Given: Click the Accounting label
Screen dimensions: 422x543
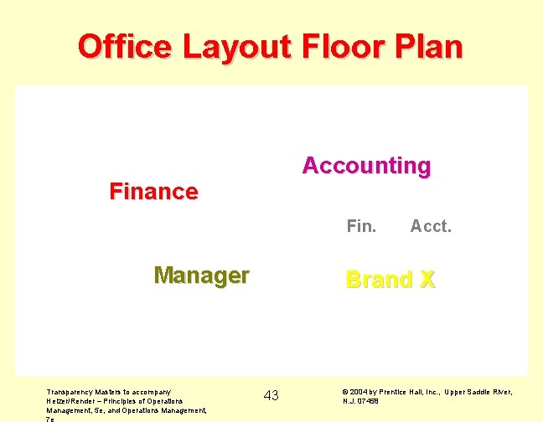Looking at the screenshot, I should pyautogui.click(x=366, y=166).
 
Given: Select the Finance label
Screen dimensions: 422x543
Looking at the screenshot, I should pyautogui.click(x=153, y=192).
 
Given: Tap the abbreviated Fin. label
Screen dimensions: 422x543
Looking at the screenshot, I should pyautogui.click(x=361, y=226).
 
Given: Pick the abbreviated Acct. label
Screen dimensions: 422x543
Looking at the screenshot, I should pyautogui.click(x=431, y=226).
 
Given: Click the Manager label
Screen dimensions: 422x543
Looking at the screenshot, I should pyautogui.click(x=201, y=275).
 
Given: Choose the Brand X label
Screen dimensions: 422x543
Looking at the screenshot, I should pyautogui.click(x=390, y=280).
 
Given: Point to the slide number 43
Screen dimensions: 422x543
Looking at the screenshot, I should pyautogui.click(x=271, y=395).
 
